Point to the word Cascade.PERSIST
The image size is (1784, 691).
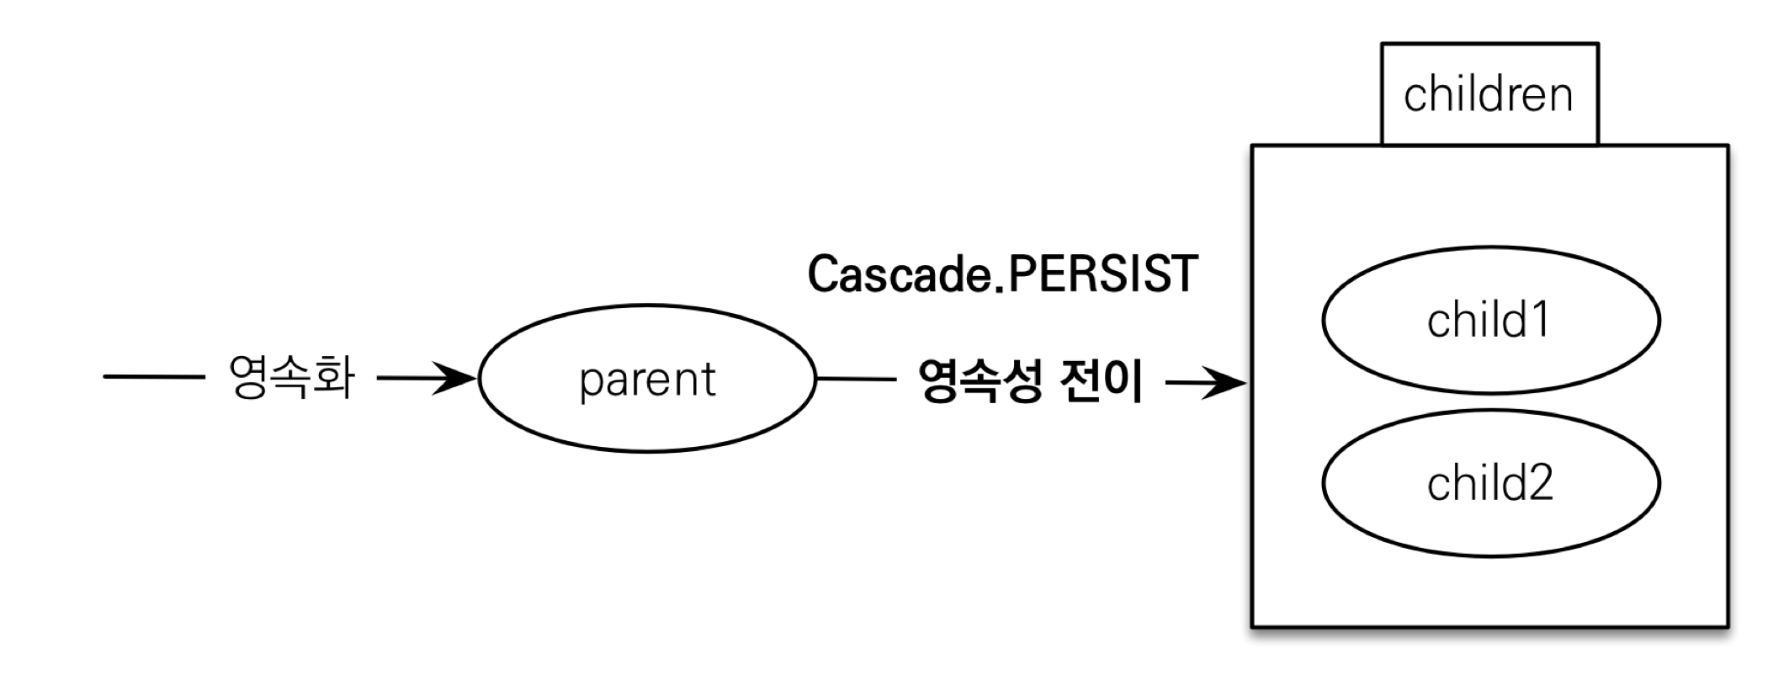click(1002, 274)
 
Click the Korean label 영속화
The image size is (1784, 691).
click(291, 377)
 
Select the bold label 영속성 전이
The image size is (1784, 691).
click(1030, 381)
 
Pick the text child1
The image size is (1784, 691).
click(1488, 321)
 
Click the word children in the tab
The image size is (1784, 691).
click(1488, 94)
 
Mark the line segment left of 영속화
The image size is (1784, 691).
click(153, 377)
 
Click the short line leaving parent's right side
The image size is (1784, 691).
click(856, 379)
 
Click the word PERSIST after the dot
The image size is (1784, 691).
click(1102, 274)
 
